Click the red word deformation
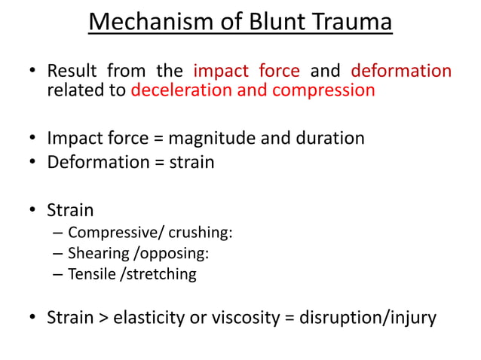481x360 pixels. coord(401,72)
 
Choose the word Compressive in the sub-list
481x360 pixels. coord(107,232)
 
